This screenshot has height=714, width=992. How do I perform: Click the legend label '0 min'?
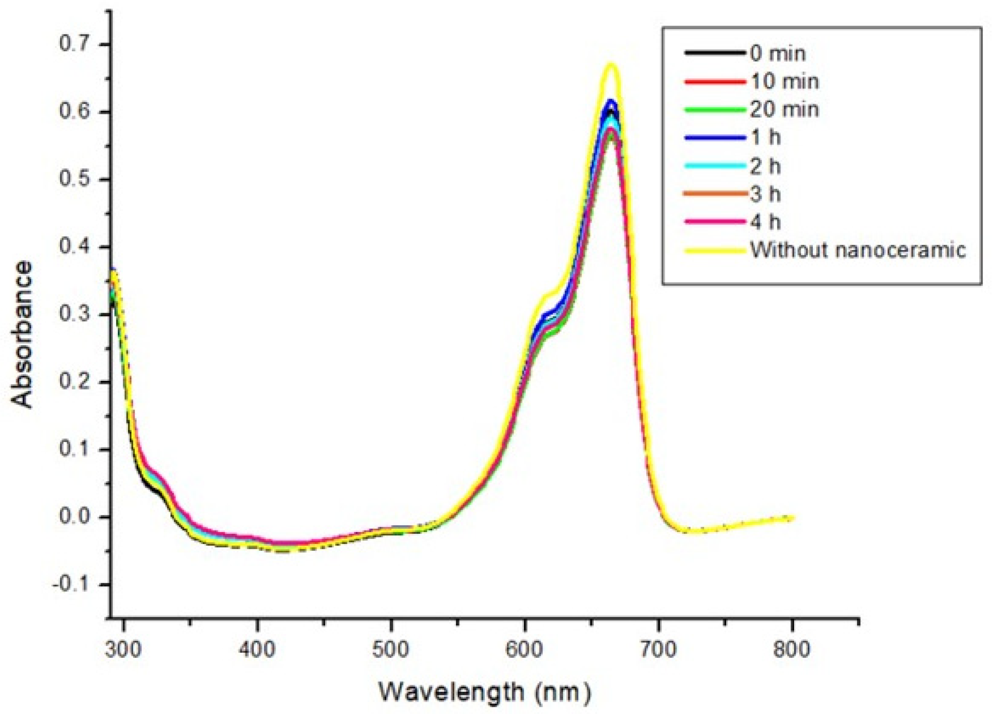click(x=778, y=54)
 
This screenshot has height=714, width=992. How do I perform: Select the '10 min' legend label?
click(x=785, y=82)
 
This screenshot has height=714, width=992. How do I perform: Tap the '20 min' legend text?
click(x=785, y=109)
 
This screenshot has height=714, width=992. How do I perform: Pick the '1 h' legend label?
click(x=765, y=138)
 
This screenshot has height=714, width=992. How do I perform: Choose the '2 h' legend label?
click(x=765, y=166)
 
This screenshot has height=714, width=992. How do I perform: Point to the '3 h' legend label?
click(x=765, y=194)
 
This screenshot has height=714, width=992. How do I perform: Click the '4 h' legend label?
click(x=765, y=222)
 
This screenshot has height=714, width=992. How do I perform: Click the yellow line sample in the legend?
click(x=715, y=250)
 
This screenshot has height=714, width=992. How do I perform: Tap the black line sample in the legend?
click(x=715, y=53)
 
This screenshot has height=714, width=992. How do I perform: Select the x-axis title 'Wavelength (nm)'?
click(x=485, y=692)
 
